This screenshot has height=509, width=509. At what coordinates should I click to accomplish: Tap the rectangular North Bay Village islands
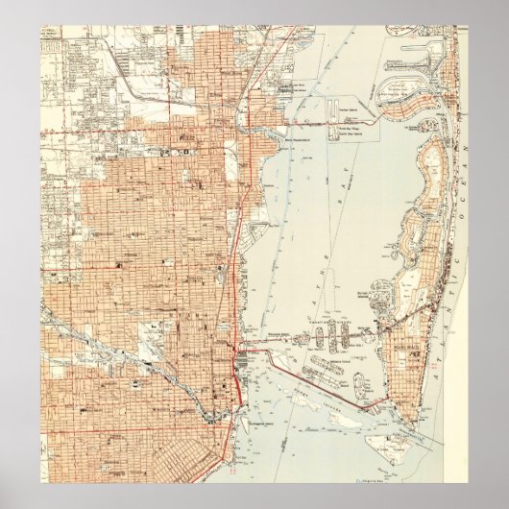tap(337, 125)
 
